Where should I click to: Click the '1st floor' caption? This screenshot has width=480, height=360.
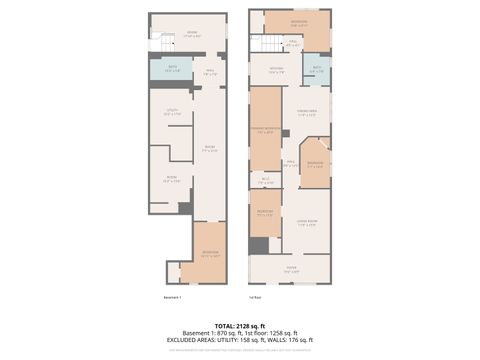(x=256, y=297)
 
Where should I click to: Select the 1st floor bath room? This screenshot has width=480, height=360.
(x=317, y=71)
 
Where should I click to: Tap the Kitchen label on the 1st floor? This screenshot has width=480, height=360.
(x=275, y=70)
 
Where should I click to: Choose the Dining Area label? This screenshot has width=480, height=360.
(x=306, y=112)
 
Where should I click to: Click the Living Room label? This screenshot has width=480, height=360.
(x=306, y=223)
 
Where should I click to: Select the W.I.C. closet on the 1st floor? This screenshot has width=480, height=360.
(x=265, y=181)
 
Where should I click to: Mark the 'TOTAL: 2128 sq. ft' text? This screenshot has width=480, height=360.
(x=239, y=325)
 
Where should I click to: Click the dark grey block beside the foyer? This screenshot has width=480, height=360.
(x=259, y=246)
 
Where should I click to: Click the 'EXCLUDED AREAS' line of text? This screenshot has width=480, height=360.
(x=239, y=340)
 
